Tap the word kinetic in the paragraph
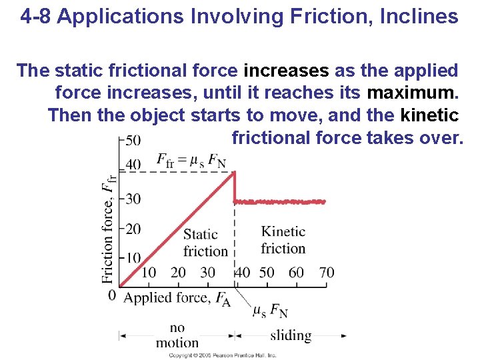point(429,115)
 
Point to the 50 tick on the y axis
point(133,140)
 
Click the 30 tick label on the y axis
point(133,199)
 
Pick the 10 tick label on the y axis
point(133,257)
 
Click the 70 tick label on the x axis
point(327,272)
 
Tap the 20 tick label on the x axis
point(178,272)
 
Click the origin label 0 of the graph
point(112,295)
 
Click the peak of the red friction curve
point(234,173)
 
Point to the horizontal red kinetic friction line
point(280,201)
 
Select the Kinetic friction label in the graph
point(283,240)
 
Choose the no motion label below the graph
point(177,335)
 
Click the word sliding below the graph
point(291,335)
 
